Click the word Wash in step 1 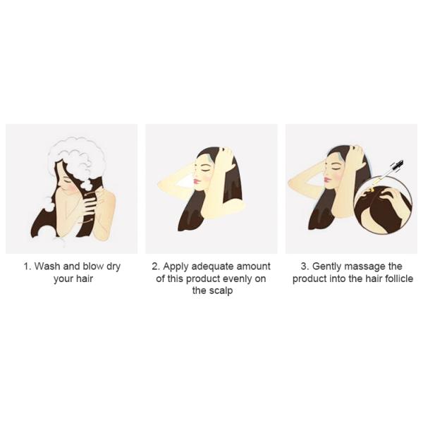pyautogui.click(x=47, y=266)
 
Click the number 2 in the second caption pyautogui.click(x=156, y=266)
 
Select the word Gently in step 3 pyautogui.click(x=326, y=266)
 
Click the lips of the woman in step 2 pyautogui.click(x=197, y=181)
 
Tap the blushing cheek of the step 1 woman pyautogui.click(x=70, y=186)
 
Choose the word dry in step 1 pyautogui.click(x=114, y=266)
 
